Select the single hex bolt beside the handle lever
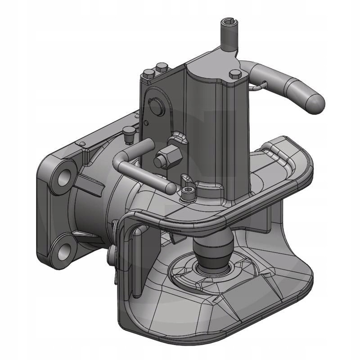[x=234, y=73]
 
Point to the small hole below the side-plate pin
[x=147, y=122]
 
